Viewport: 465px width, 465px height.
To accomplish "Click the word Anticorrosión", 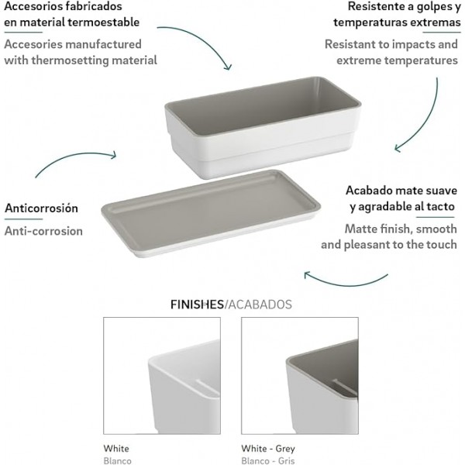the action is pos(42,208).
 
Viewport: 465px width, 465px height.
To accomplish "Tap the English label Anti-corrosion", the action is pos(43,231).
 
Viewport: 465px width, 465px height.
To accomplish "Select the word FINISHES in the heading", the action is pos(197,305).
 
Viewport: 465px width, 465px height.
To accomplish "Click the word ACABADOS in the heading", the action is pos(260,305).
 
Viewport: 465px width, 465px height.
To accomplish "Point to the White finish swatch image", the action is pos(162,376).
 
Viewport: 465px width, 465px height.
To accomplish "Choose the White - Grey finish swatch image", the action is pos(300,376).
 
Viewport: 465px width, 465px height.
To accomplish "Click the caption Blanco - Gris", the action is pos(268,461).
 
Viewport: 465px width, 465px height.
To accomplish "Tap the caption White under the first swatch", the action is pos(116,449).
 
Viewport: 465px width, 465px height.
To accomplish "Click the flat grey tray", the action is pos(211,214).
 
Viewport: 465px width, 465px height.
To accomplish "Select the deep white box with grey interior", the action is pos(263,128).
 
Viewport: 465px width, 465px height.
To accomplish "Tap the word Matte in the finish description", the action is pos(360,229).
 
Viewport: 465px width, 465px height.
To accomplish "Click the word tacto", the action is pos(439,206).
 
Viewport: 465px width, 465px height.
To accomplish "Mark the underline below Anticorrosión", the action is pos(24,219).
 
